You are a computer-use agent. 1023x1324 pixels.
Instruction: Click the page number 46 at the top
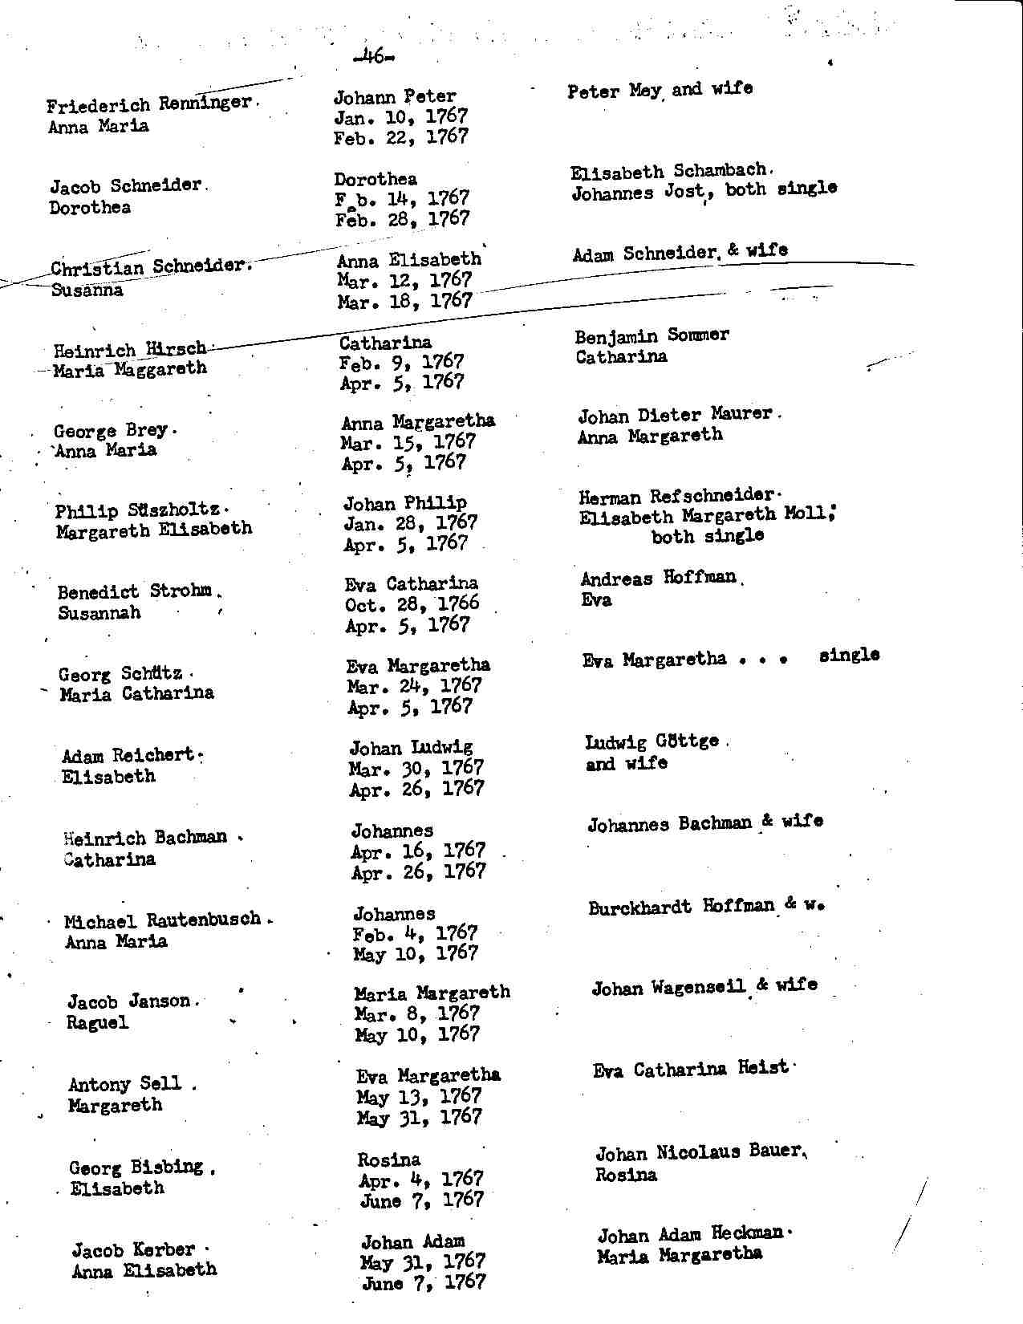point(372,56)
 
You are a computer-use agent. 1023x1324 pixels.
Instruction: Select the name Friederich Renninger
point(149,104)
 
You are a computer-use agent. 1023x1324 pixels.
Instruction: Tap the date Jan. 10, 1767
point(400,117)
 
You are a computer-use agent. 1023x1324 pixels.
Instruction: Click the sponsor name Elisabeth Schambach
point(669,171)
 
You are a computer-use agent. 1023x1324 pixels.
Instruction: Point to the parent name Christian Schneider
point(150,267)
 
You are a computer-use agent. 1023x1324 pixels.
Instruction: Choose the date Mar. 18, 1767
point(404,301)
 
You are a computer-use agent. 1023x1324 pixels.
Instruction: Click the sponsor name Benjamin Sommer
point(652,335)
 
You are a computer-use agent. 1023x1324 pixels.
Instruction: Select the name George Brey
point(111,431)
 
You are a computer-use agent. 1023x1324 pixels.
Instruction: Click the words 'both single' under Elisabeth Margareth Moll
point(707,536)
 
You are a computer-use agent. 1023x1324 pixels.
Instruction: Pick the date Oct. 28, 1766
point(412,604)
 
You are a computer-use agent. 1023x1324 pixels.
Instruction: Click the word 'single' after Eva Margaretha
point(849,656)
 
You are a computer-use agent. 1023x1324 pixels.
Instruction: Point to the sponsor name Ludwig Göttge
point(652,741)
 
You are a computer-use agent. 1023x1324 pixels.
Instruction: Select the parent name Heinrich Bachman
point(145,838)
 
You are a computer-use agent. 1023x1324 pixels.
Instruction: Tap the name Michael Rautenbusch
point(163,920)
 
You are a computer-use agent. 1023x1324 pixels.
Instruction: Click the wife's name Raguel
point(97,1023)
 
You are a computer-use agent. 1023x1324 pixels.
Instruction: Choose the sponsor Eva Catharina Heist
point(690,1069)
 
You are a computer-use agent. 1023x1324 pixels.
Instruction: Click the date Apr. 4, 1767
point(420,1180)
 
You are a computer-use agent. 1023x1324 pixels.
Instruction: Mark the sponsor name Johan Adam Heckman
point(690,1234)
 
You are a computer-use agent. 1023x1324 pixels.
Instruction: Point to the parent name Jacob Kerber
point(133,1250)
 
